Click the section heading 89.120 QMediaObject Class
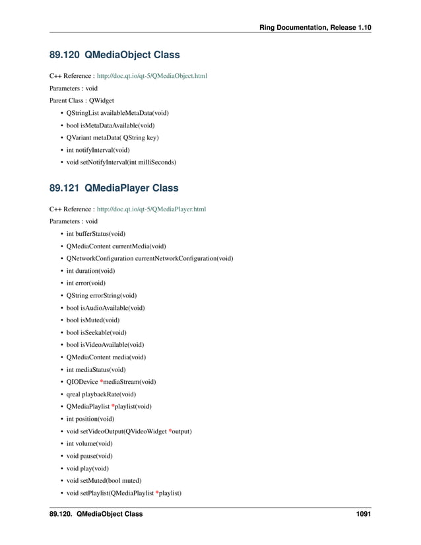pyautogui.click(x=114, y=54)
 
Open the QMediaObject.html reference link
pyautogui.click(x=152, y=77)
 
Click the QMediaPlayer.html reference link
pyautogui.click(x=151, y=209)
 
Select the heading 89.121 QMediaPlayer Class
pyautogui.click(x=113, y=188)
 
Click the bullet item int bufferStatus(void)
pyautogui.click(x=96, y=234)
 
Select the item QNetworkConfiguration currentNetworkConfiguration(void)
pyautogui.click(x=150, y=258)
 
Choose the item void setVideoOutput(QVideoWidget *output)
pyautogui.click(x=129, y=431)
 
